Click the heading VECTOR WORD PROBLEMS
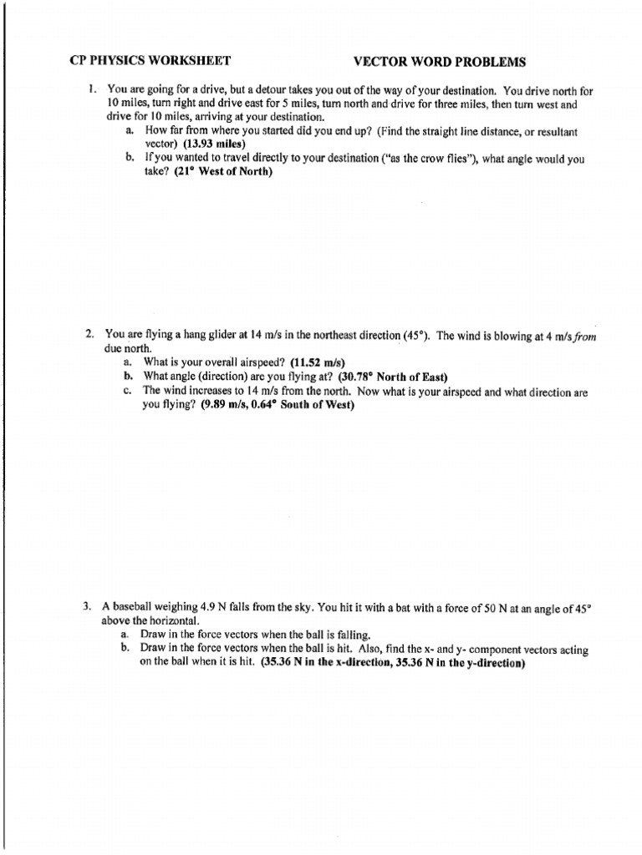click(440, 61)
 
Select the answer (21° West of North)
click(223, 171)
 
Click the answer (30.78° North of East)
click(393, 377)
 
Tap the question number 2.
click(89, 335)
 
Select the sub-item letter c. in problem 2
click(126, 391)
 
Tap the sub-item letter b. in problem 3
click(125, 649)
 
